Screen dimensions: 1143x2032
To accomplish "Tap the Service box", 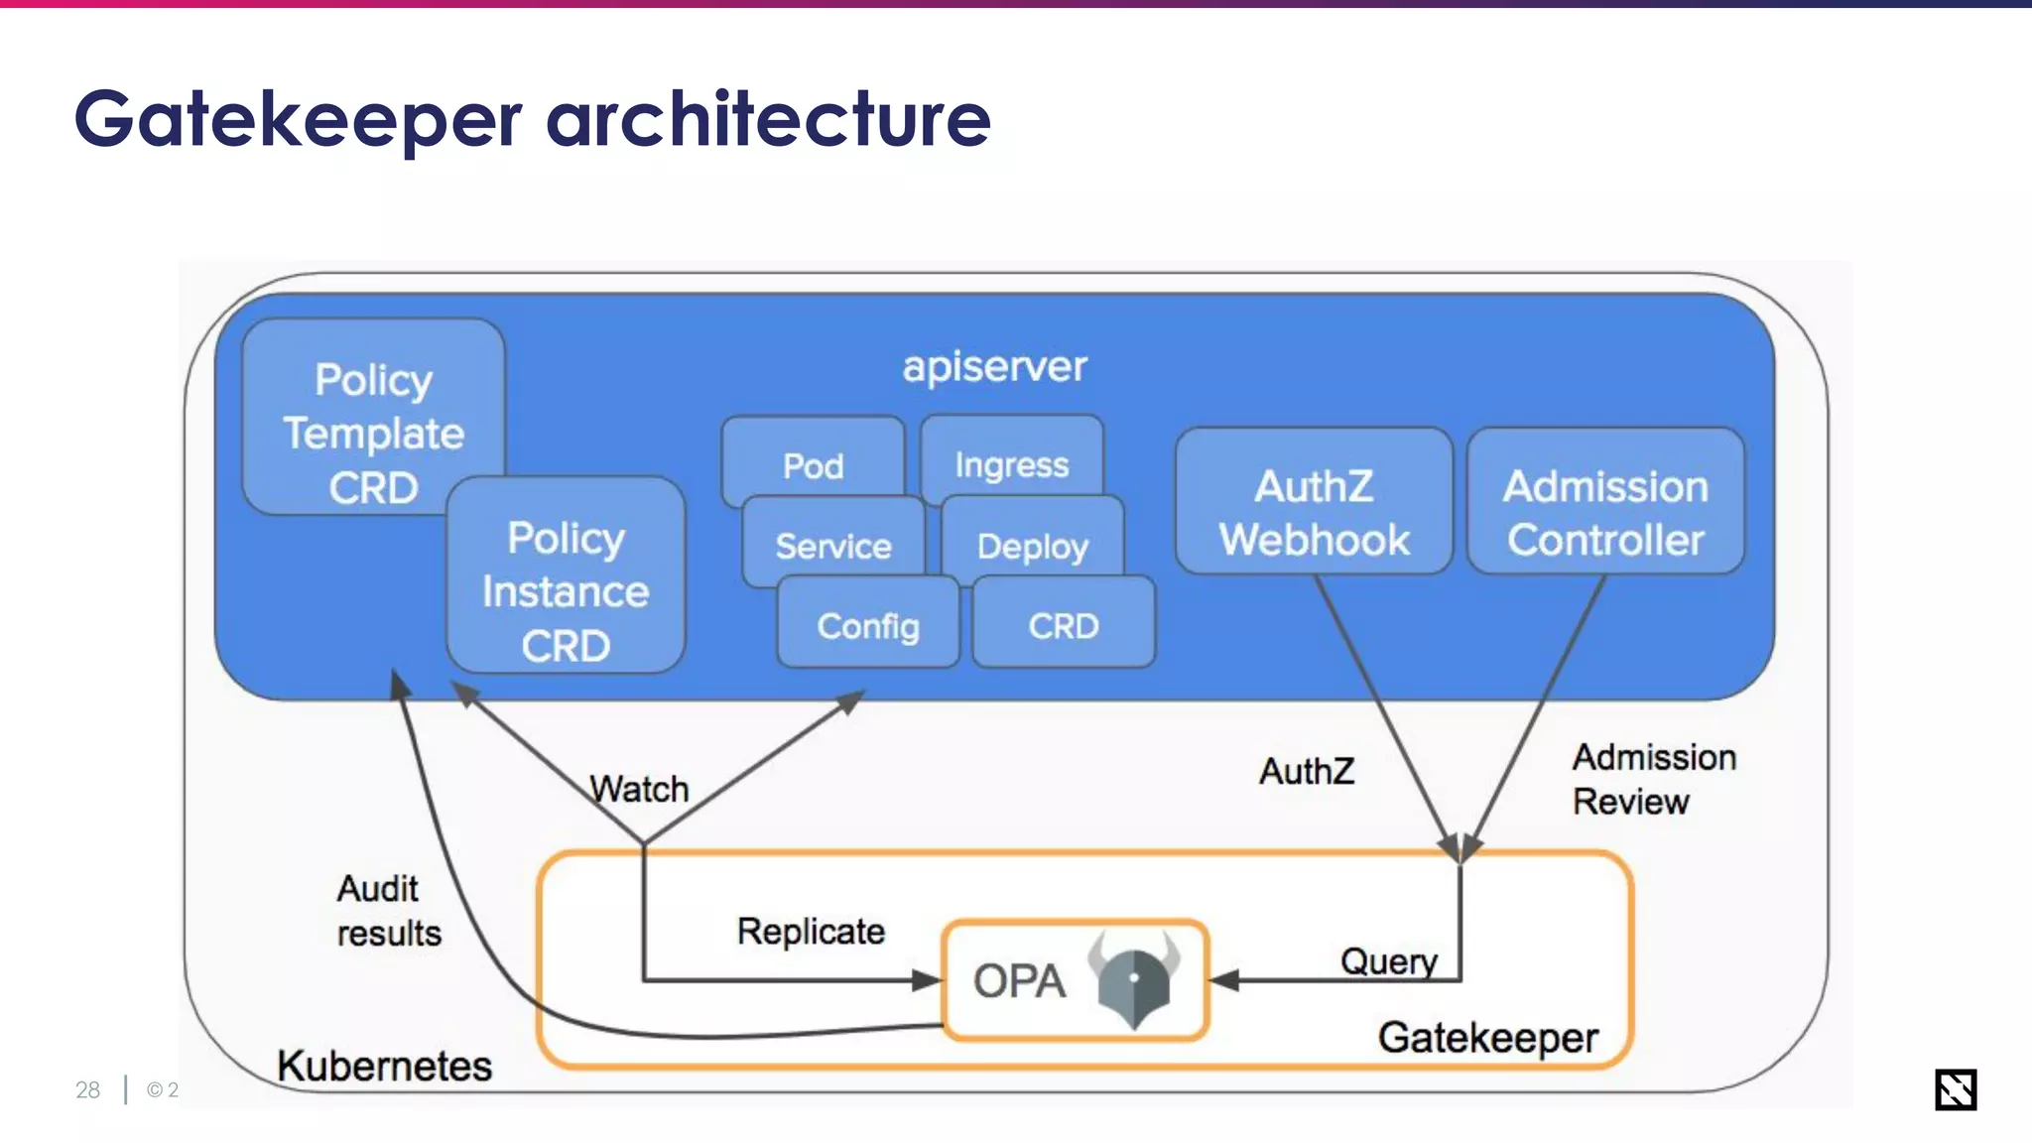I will coord(832,545).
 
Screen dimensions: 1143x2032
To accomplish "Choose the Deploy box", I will coord(1032,545).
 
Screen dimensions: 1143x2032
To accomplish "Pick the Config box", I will coord(867,625).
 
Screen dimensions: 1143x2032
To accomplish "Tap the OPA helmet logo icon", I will coord(1133,979).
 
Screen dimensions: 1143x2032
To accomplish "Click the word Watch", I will coord(639,789).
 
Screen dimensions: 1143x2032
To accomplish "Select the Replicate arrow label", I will coord(811,931).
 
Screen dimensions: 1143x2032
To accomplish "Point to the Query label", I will coord(1388,960).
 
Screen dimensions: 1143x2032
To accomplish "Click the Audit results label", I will coord(388,910).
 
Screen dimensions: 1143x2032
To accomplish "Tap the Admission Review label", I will coord(1653,779).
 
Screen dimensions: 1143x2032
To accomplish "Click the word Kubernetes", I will coord(384,1066).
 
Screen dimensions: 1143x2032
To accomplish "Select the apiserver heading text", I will coord(994,367).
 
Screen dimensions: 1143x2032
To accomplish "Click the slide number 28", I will coord(87,1089).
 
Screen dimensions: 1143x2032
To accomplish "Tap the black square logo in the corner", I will coord(1955,1089).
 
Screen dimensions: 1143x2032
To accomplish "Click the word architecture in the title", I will coord(768,119).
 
